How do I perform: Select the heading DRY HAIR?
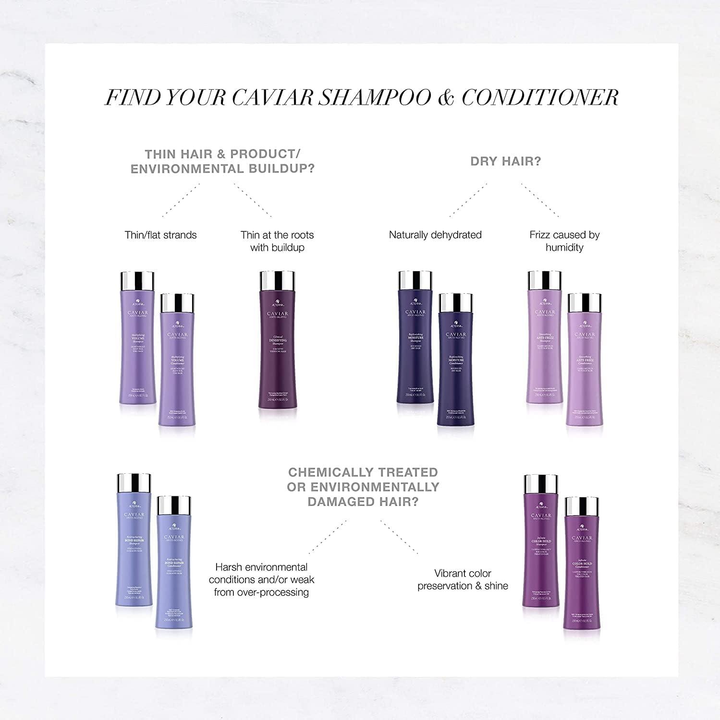(x=505, y=161)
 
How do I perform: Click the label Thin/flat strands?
(x=160, y=235)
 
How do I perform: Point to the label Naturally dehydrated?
(x=435, y=235)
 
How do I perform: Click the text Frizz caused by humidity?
(x=564, y=241)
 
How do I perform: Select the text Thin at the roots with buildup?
(x=277, y=241)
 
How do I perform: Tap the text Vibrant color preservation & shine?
(x=463, y=579)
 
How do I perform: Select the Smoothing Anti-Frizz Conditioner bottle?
(x=585, y=370)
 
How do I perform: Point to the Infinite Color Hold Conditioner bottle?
(x=582, y=571)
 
